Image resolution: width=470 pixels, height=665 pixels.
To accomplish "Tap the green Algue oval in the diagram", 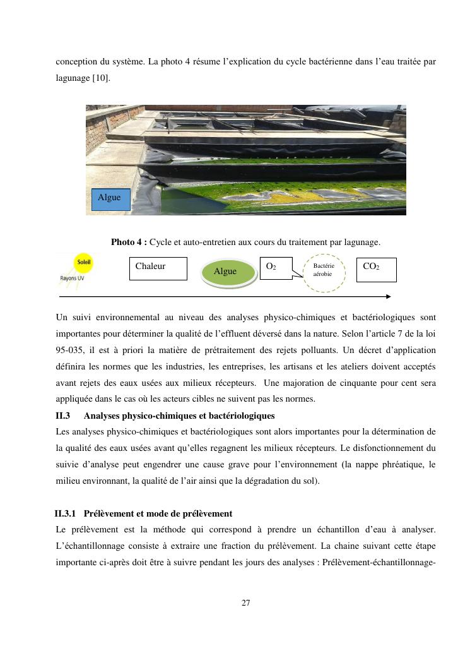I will coord(225,272).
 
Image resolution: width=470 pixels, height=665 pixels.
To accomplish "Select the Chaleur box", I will coord(158,268).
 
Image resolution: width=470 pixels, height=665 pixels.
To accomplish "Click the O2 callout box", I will coord(276,268).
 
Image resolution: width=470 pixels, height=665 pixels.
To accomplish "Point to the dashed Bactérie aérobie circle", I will coord(324,271).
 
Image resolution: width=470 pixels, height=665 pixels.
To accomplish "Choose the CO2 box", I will coord(376,270).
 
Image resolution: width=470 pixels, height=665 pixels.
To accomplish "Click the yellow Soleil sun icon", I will coord(83,263).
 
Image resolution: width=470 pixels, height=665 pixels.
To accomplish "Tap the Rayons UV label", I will coord(74,278).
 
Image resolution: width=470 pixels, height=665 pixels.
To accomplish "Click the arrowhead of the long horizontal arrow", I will coord(388,296).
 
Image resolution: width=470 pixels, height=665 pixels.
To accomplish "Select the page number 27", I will coord(245,603).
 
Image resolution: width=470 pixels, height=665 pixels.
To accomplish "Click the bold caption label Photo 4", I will coord(129,242).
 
